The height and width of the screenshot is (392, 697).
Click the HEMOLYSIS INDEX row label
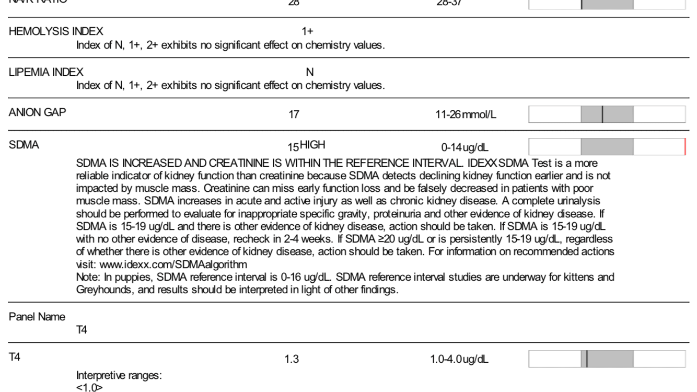pos(56,31)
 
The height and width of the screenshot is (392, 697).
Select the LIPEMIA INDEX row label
pos(46,72)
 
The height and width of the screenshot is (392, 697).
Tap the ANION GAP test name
pos(38,112)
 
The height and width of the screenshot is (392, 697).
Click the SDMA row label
pos(24,145)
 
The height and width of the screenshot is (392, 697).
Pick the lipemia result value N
pos(309,72)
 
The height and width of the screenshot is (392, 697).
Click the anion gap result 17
pos(294,114)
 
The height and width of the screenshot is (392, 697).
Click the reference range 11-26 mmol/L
pos(466,114)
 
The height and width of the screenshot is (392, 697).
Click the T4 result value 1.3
pos(292,359)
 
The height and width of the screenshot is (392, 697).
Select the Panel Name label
pos(37,317)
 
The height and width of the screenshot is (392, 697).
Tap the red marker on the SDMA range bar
pos(684,147)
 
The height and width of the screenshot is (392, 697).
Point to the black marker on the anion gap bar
pos(602,114)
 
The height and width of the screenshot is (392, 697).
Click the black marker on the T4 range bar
pos(587,359)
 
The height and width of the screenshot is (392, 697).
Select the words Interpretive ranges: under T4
pos(119,375)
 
